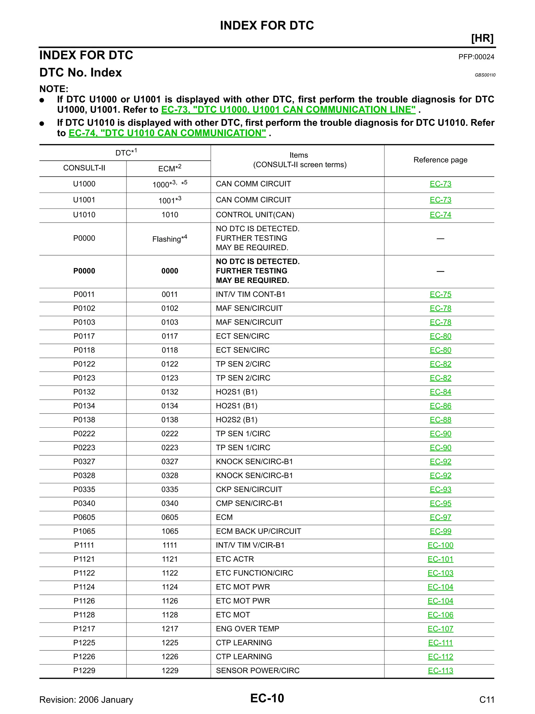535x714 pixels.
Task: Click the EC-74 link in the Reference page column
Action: tap(440, 215)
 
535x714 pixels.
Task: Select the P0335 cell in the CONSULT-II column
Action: tap(84, 489)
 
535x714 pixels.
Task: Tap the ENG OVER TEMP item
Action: tap(247, 629)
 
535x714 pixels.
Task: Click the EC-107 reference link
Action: tap(440, 629)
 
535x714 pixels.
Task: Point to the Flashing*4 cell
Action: tap(170, 239)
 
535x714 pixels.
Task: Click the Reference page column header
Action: tap(440, 160)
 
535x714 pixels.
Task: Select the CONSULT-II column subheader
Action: tap(84, 168)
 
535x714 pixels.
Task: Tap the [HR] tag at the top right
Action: tap(482, 38)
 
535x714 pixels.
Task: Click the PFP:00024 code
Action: tap(476, 57)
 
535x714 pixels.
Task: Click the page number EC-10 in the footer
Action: tap(267, 699)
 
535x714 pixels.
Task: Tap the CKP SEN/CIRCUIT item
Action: tap(249, 489)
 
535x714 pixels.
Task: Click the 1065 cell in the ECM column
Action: tap(170, 531)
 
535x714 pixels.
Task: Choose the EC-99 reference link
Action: tap(440, 531)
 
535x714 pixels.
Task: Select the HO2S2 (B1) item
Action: tap(237, 420)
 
